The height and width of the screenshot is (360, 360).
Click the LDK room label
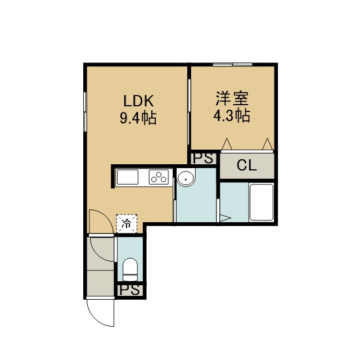pyautogui.click(x=138, y=101)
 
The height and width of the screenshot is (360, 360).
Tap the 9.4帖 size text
pyautogui.click(x=138, y=118)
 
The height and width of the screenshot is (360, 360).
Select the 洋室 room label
pyautogui.click(x=232, y=98)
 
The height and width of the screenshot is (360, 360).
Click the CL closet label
pyautogui.click(x=246, y=165)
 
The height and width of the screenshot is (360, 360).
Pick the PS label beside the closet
pyautogui.click(x=203, y=158)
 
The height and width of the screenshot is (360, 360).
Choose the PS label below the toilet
pyautogui.click(x=129, y=290)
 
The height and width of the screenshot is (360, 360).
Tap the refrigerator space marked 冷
pyautogui.click(x=127, y=224)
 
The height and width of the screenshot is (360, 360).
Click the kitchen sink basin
pyautogui.click(x=128, y=177)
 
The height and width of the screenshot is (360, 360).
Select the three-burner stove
pyautogui.click(x=159, y=177)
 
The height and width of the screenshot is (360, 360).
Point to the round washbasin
pyautogui.click(x=186, y=178)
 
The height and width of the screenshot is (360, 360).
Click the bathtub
pyautogui.click(x=261, y=202)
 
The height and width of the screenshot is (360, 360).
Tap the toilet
pyautogui.click(x=130, y=269)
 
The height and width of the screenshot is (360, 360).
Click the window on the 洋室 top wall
pyautogui.click(x=232, y=65)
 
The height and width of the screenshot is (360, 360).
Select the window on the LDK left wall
pyautogui.click(x=85, y=112)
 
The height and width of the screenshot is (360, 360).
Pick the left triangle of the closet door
pyautogui.click(x=227, y=144)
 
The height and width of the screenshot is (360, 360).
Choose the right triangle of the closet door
pyautogui.click(x=268, y=144)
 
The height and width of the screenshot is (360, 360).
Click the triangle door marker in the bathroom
pyautogui.click(x=225, y=218)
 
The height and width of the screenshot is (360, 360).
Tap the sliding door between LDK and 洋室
pyautogui.click(x=189, y=112)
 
